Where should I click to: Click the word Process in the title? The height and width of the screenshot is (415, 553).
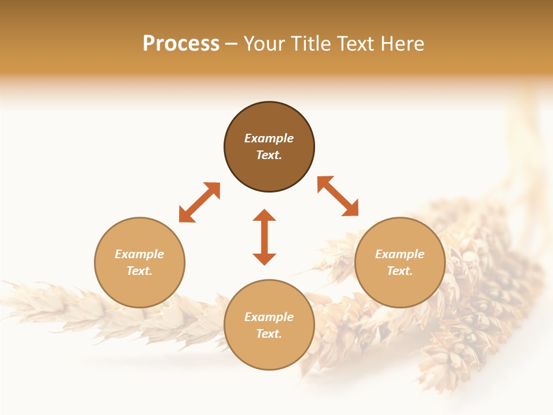click(181, 44)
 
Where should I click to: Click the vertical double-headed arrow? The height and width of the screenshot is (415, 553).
click(264, 237)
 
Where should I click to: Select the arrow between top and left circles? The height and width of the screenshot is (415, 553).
click(199, 202)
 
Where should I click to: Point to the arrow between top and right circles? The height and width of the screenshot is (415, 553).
click(338, 196)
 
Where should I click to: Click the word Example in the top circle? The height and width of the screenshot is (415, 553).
click(269, 138)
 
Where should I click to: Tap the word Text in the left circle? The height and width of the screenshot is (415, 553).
click(139, 271)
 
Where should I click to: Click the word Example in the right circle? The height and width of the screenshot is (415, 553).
click(400, 254)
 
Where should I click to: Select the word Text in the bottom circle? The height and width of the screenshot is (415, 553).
click(269, 334)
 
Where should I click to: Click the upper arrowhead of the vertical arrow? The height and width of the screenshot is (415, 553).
click(264, 215)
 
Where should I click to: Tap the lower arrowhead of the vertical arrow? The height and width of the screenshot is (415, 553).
click(264, 259)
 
